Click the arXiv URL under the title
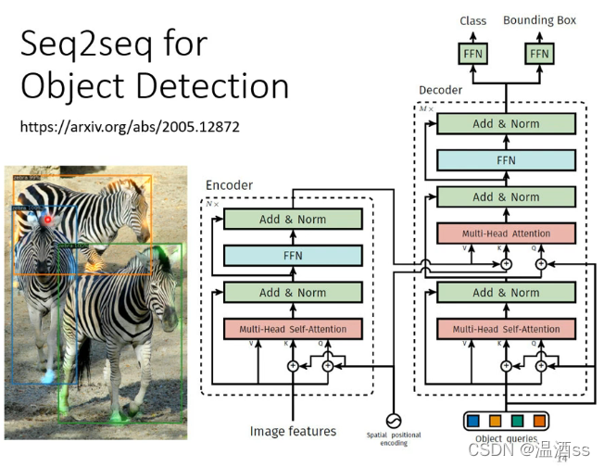130,126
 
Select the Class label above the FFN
472,20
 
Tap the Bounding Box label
539,20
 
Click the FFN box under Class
472,54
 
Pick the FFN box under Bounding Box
539,54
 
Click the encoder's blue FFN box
292,256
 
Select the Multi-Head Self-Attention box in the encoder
292,328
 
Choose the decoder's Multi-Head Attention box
506,233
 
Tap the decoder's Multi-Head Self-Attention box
506,328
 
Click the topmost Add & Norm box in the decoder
506,124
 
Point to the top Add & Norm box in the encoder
292,220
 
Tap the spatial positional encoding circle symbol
393,420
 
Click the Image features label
293,431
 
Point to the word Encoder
229,185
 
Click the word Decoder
440,91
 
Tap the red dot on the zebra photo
47,220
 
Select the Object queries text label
506,439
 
